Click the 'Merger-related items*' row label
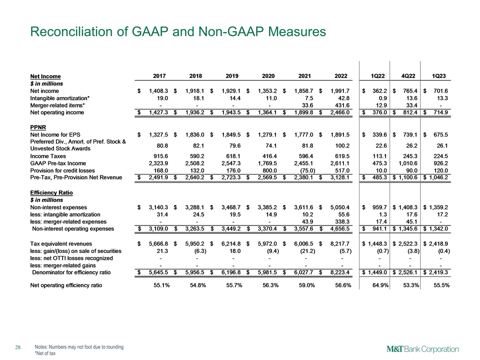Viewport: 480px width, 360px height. click(x=57, y=105)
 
